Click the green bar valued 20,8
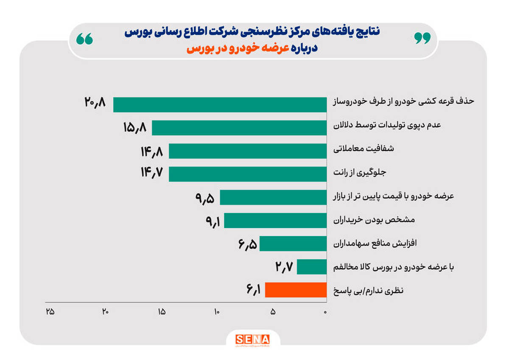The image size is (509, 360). (x=220, y=104)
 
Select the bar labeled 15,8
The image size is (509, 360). (x=239, y=128)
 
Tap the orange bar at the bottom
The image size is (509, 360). (x=296, y=290)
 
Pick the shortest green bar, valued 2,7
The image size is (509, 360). (x=312, y=267)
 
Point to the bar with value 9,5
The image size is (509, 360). (x=273, y=197)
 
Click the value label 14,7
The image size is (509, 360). (x=152, y=174)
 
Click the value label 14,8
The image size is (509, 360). (x=152, y=151)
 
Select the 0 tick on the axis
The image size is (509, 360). (x=325, y=312)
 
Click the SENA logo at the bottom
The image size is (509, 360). (x=253, y=339)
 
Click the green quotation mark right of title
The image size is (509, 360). (x=422, y=38)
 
